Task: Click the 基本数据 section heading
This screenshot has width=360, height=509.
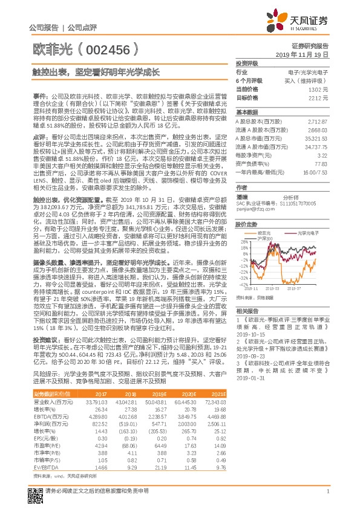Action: [x=247, y=112]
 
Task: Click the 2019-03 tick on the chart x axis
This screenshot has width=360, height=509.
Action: [x=272, y=288]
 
